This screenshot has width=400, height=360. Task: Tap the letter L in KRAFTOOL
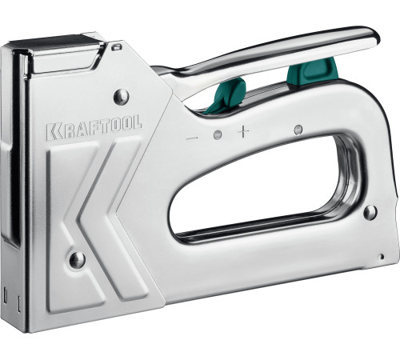pyautogui.click(x=138, y=124)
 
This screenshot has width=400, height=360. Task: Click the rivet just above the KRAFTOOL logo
pyautogui.click(x=122, y=97)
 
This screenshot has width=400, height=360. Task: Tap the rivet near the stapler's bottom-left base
pyautogui.click(x=77, y=260)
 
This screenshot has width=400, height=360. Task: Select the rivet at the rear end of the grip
pyautogui.click(x=370, y=212)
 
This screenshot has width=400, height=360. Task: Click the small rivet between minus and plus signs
pyautogui.click(x=217, y=133)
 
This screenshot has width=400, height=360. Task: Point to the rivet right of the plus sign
pyautogui.click(x=298, y=129)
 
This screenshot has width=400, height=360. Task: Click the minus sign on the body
pyautogui.click(x=192, y=138)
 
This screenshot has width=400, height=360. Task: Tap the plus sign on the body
pyautogui.click(x=243, y=130)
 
